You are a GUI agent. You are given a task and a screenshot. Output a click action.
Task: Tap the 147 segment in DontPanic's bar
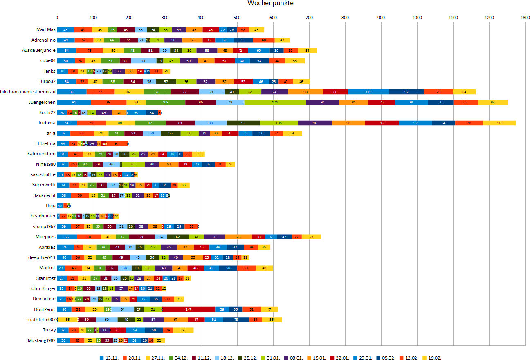[189, 309]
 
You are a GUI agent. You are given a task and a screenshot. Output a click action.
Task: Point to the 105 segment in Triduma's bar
[278, 123]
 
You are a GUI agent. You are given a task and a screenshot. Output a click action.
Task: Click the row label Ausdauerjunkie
[39, 51]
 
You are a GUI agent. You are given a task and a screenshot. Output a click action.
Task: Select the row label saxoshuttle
[43, 174]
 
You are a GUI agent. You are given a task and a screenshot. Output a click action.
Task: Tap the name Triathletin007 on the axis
[40, 320]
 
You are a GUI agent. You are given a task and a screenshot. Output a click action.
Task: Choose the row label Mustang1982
[42, 340]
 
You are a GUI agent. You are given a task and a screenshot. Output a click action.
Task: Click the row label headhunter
[43, 216]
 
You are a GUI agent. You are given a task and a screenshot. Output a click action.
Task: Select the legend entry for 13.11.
[109, 358]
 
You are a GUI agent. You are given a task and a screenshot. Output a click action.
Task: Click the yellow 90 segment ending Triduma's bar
[499, 123]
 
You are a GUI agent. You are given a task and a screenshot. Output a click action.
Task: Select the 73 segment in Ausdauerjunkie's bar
[90, 51]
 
